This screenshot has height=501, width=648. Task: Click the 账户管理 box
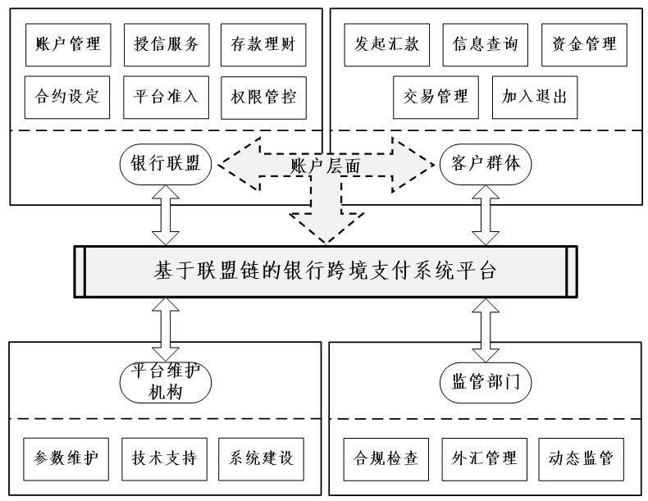point(68,44)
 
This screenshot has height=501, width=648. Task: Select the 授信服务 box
point(167,44)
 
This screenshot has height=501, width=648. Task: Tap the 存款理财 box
point(263,44)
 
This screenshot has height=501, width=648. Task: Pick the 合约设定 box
point(67,97)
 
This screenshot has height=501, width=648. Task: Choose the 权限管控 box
point(263,98)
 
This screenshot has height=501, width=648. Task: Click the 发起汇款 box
point(387,44)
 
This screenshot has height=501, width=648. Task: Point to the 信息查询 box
point(485,44)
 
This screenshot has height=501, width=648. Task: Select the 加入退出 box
point(535,97)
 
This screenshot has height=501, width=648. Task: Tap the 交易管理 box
point(436,97)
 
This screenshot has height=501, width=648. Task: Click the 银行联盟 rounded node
point(166,164)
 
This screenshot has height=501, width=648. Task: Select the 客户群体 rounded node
point(486,164)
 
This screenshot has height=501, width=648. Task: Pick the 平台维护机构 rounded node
point(166,382)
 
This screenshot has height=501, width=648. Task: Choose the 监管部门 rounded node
point(486,382)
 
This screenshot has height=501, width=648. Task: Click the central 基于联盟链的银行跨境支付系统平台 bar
point(326,271)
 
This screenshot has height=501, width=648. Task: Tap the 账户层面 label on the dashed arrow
point(326,166)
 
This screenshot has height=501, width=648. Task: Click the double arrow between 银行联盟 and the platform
point(166,215)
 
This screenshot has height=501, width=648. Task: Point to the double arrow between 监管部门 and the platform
point(486,330)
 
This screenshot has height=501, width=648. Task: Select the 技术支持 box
point(165,459)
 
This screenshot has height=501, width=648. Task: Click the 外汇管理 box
point(484,459)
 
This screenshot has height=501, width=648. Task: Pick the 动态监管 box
point(581,459)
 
